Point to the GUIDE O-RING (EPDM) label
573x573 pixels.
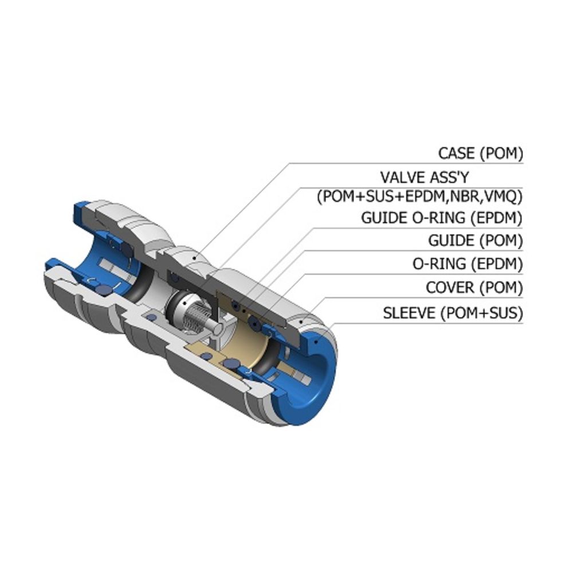tap(442, 218)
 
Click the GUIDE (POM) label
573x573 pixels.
tap(476, 241)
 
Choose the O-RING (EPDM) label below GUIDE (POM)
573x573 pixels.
tap(468, 264)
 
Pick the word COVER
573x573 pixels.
tap(450, 287)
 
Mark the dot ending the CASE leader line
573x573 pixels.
tap(196, 258)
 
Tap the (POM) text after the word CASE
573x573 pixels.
tap(501, 154)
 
